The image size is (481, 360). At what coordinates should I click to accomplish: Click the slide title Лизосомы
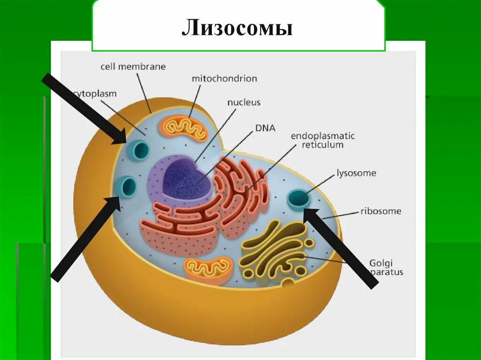(238, 28)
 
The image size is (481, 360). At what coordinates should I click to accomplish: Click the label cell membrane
(133, 67)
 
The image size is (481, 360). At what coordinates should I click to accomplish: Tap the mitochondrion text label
(224, 78)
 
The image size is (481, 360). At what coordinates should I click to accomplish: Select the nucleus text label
(244, 102)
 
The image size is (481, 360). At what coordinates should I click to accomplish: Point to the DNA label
(265, 128)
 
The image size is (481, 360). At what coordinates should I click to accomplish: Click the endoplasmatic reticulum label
(323, 140)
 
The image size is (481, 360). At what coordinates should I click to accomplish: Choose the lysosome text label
(356, 173)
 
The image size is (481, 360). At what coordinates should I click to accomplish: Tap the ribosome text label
(380, 211)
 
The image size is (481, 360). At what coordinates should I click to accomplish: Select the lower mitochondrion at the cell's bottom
(209, 270)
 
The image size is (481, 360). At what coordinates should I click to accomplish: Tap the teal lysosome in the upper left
(140, 149)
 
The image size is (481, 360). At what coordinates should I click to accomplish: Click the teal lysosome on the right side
(299, 199)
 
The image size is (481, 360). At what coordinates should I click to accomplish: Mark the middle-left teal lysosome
(127, 186)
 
